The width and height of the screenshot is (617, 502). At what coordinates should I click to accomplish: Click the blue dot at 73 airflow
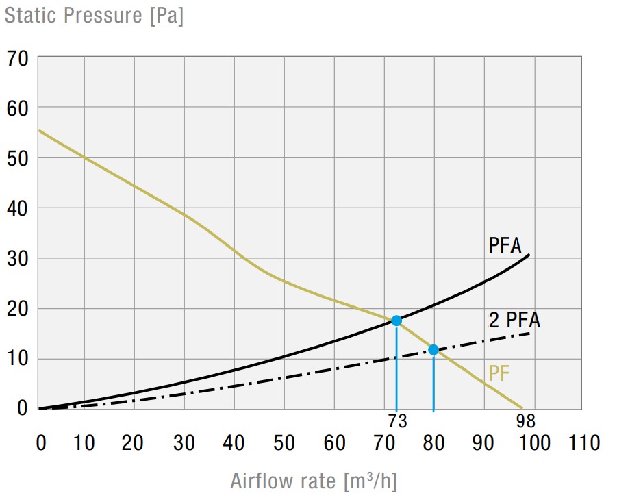pos(396,321)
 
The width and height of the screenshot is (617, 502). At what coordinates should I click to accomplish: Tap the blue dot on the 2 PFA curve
pos(433,350)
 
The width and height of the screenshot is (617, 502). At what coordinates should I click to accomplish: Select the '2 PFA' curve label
pos(514,320)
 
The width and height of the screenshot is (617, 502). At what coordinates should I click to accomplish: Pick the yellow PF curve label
pos(499,374)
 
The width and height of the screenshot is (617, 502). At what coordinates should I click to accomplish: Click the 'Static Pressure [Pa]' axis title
pos(94,15)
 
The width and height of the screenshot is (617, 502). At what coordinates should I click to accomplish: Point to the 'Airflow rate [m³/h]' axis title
pos(314,481)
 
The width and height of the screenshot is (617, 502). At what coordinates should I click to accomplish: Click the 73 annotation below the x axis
pos(396,421)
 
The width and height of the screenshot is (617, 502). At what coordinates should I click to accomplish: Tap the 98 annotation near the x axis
pos(526,421)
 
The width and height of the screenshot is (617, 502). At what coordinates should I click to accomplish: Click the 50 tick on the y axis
pos(18,158)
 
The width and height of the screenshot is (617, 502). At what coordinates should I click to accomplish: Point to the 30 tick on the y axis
pos(18,259)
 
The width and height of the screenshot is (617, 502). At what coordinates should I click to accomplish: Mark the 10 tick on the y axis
pos(18,359)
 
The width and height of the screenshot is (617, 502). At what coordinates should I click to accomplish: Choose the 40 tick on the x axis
pos(234,443)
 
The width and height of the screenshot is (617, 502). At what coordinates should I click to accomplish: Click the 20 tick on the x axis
pos(134,443)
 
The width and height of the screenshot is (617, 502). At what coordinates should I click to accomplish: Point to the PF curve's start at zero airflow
pos(38,130)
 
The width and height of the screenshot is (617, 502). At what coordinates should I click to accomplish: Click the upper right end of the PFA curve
pos(529,255)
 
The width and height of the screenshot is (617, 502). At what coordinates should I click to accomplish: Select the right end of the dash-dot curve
pos(530,333)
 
